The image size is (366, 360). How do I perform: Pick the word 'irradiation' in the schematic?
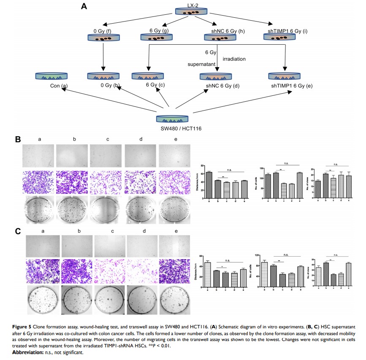[x=235, y=59]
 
